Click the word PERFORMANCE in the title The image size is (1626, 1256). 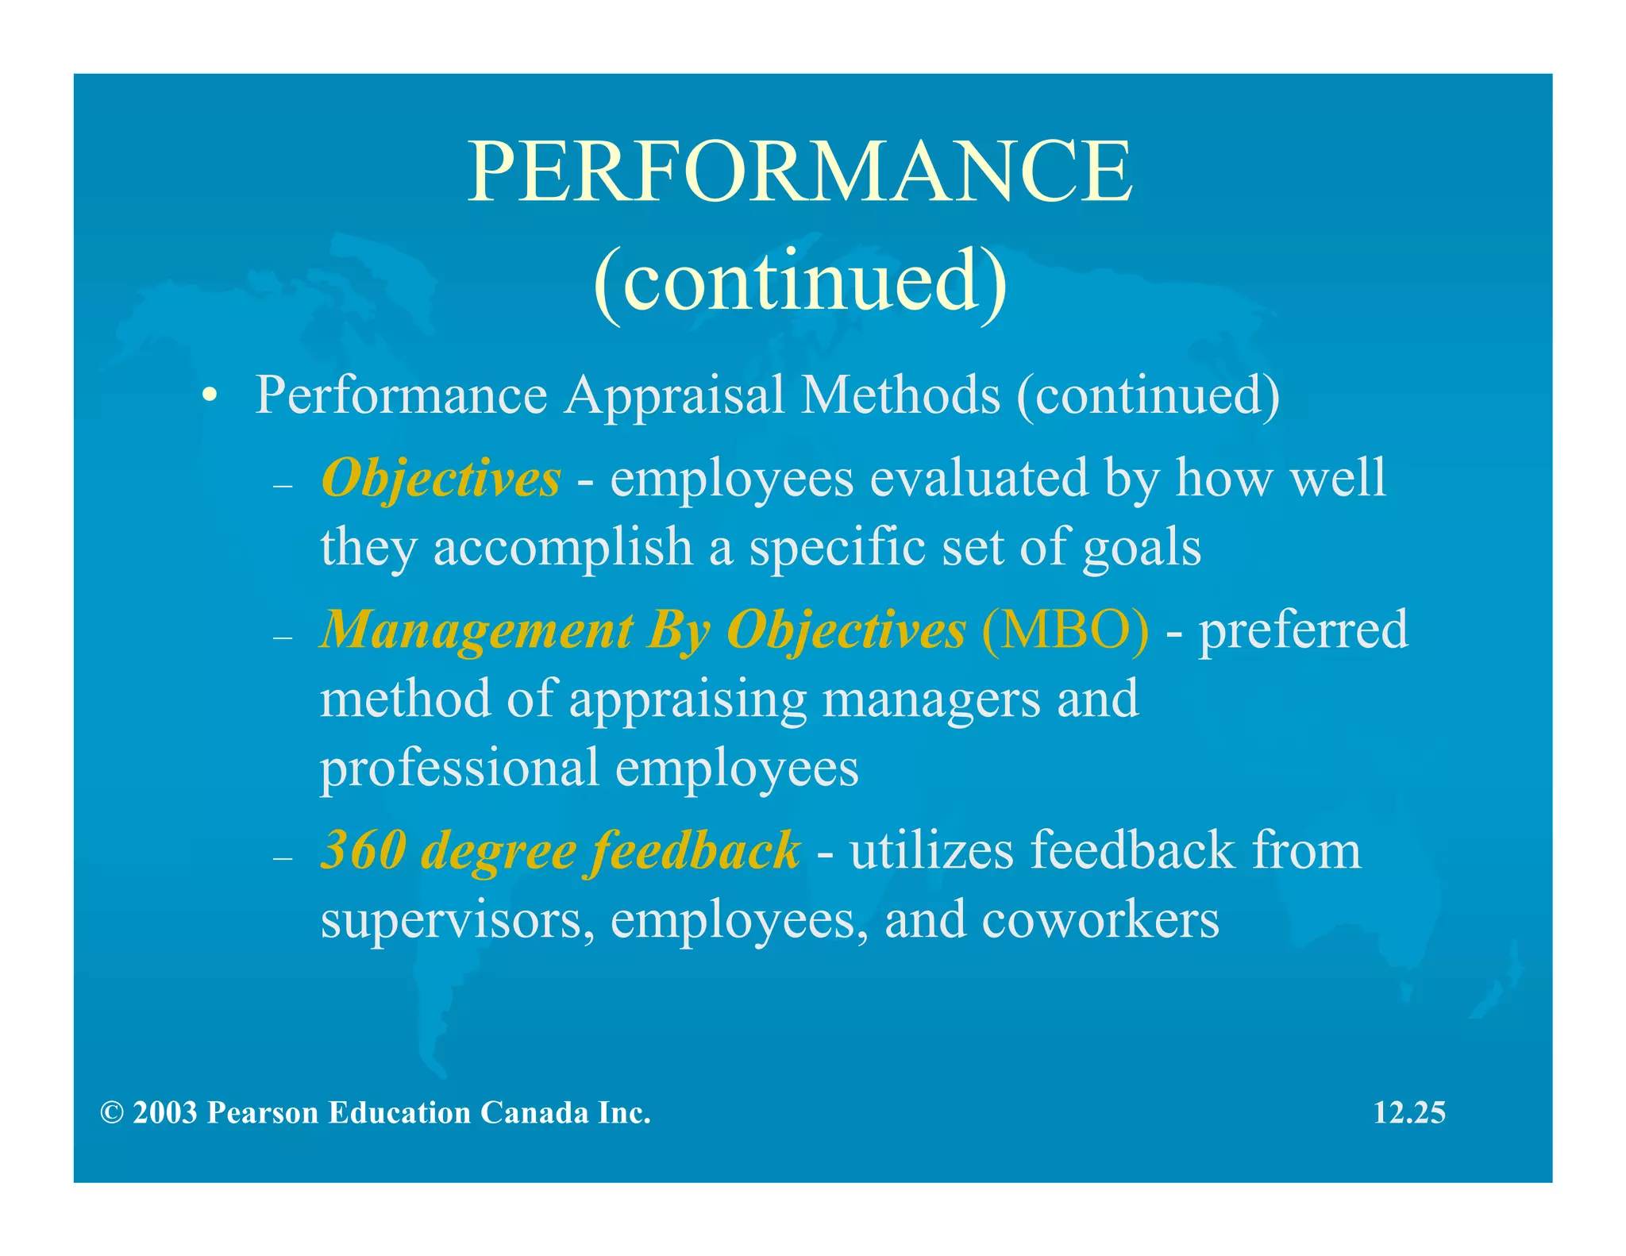point(800,171)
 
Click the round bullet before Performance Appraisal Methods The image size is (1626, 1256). point(209,396)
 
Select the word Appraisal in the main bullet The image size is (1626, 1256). point(674,395)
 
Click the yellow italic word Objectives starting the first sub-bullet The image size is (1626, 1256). point(441,479)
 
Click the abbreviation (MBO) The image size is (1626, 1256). point(1065,630)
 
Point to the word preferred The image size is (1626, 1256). point(1303,630)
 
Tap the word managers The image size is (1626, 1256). point(931,699)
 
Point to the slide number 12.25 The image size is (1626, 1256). point(1409,1113)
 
